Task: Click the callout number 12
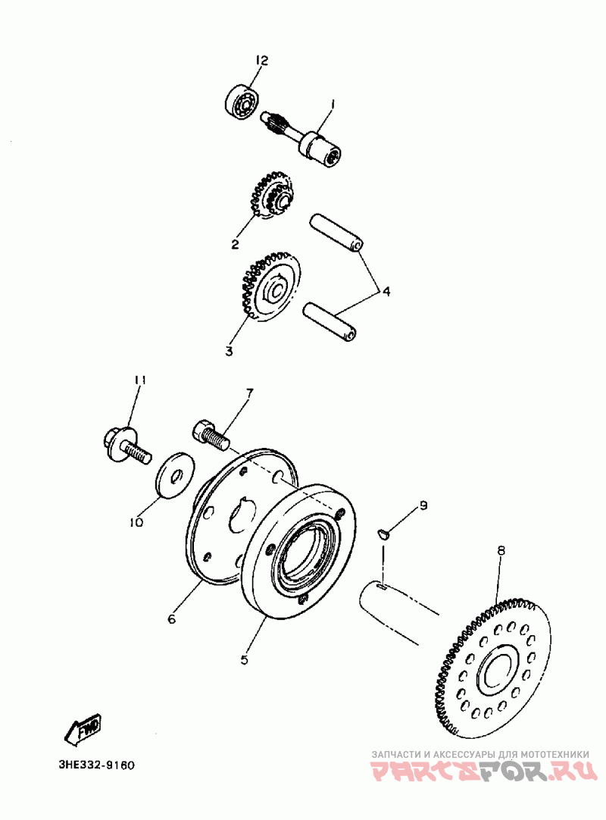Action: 262,61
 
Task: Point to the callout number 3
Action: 229,351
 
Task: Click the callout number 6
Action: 171,619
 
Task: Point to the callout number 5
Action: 244,659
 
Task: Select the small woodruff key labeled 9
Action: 383,533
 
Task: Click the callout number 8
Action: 501,550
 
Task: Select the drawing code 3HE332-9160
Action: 97,765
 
